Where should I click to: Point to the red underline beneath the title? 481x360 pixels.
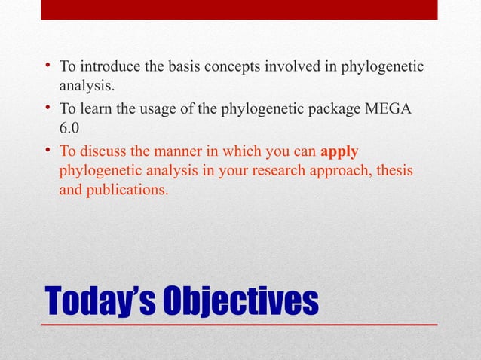(x=239, y=323)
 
